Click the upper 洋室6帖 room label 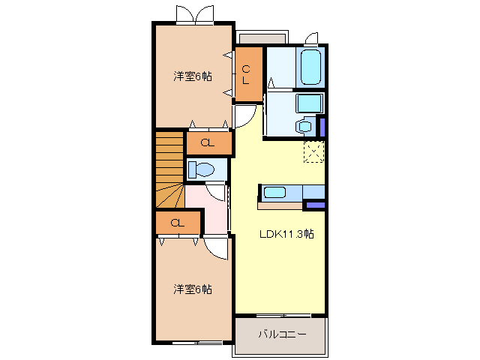coord(193,76)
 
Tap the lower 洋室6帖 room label coord(193,289)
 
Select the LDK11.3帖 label coord(286,234)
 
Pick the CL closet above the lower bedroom coord(178,223)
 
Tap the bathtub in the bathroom coord(310,67)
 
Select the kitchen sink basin coord(274,192)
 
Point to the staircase coord(169,169)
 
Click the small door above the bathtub coord(312,37)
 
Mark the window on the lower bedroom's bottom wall coord(193,342)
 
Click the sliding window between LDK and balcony coord(280,314)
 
